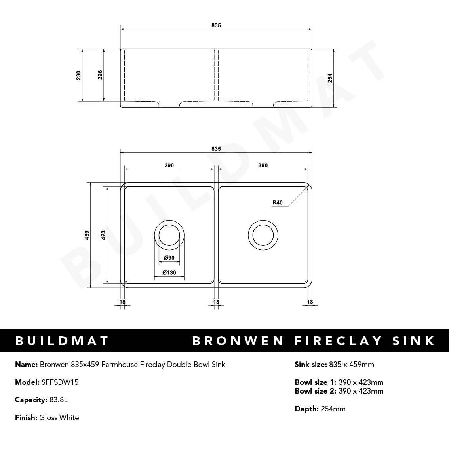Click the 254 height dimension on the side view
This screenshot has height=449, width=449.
(x=330, y=78)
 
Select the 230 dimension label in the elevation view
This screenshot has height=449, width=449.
(x=78, y=75)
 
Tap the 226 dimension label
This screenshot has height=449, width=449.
(x=100, y=75)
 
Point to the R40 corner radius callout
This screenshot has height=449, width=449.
(x=278, y=202)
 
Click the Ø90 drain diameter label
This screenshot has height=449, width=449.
(x=169, y=258)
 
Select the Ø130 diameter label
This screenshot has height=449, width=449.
(x=169, y=272)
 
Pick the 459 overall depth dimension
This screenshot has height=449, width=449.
(x=87, y=235)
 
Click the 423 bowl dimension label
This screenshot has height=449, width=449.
(x=103, y=235)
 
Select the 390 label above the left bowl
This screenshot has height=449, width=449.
(x=169, y=166)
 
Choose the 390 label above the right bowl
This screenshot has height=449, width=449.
(x=263, y=166)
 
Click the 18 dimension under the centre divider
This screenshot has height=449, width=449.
(x=216, y=302)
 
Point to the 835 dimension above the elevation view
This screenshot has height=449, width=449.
(x=216, y=25)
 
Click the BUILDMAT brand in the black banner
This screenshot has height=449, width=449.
(x=62, y=341)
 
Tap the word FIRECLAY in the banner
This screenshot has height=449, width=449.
(x=338, y=341)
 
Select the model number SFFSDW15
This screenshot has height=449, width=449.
(x=60, y=382)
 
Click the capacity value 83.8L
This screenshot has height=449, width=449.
(x=59, y=400)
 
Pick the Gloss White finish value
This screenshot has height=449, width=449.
(x=59, y=417)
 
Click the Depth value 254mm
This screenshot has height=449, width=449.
(x=333, y=409)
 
